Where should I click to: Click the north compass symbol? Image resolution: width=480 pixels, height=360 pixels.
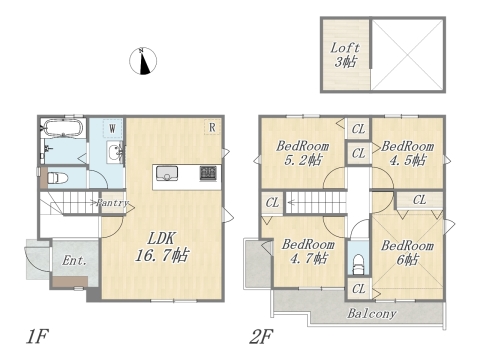point(144,61)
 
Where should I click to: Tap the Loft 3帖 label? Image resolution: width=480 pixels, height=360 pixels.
point(346,54)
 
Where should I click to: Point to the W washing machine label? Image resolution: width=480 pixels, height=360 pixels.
point(112,128)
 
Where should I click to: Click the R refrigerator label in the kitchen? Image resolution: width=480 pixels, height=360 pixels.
point(212,127)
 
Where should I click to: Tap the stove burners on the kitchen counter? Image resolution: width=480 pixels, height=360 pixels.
point(208,173)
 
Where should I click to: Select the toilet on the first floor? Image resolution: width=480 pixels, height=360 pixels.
point(56,180)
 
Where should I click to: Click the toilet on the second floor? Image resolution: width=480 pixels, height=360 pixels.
point(359,266)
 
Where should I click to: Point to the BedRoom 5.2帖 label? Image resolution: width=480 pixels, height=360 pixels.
point(301,152)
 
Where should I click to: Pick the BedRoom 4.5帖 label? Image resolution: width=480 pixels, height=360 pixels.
point(406,152)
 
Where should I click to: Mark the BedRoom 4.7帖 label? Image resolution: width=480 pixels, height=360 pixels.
point(306,251)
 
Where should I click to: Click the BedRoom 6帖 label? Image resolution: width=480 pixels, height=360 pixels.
point(407,252)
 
